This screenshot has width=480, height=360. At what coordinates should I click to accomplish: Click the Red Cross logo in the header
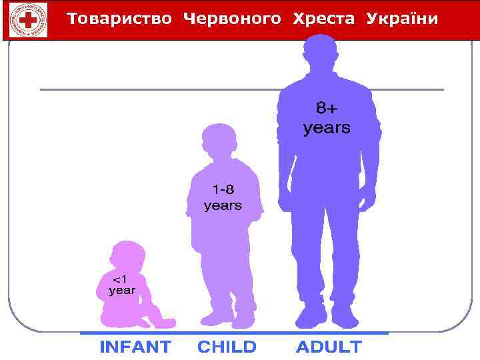pos(29,19)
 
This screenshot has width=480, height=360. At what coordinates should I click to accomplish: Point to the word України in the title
pos(402,19)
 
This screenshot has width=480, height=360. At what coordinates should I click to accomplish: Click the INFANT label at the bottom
pos(135,347)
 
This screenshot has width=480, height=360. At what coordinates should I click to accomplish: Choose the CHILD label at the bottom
pos(227,347)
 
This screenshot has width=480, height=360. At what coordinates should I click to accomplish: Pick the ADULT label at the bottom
pos(329,347)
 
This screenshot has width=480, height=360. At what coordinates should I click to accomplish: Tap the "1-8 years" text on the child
pos(223,197)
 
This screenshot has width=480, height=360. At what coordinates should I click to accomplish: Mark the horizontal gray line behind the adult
pos(160,89)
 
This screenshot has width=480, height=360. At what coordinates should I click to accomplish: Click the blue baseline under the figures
pos(233,333)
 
